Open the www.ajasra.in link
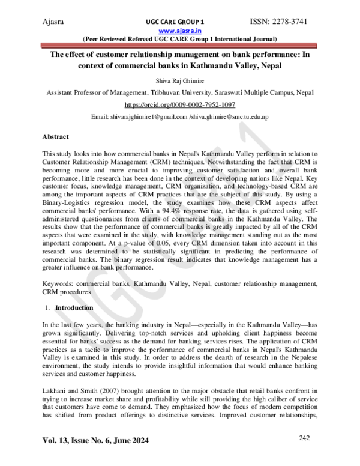pyautogui.click(x=179, y=31)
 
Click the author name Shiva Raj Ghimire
pyautogui.click(x=179, y=80)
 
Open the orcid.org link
pyautogui.click(x=179, y=104)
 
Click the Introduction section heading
pyautogui.click(x=74, y=308)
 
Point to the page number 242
pyautogui.click(x=306, y=439)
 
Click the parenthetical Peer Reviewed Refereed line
pyautogui.click(x=179, y=38)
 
